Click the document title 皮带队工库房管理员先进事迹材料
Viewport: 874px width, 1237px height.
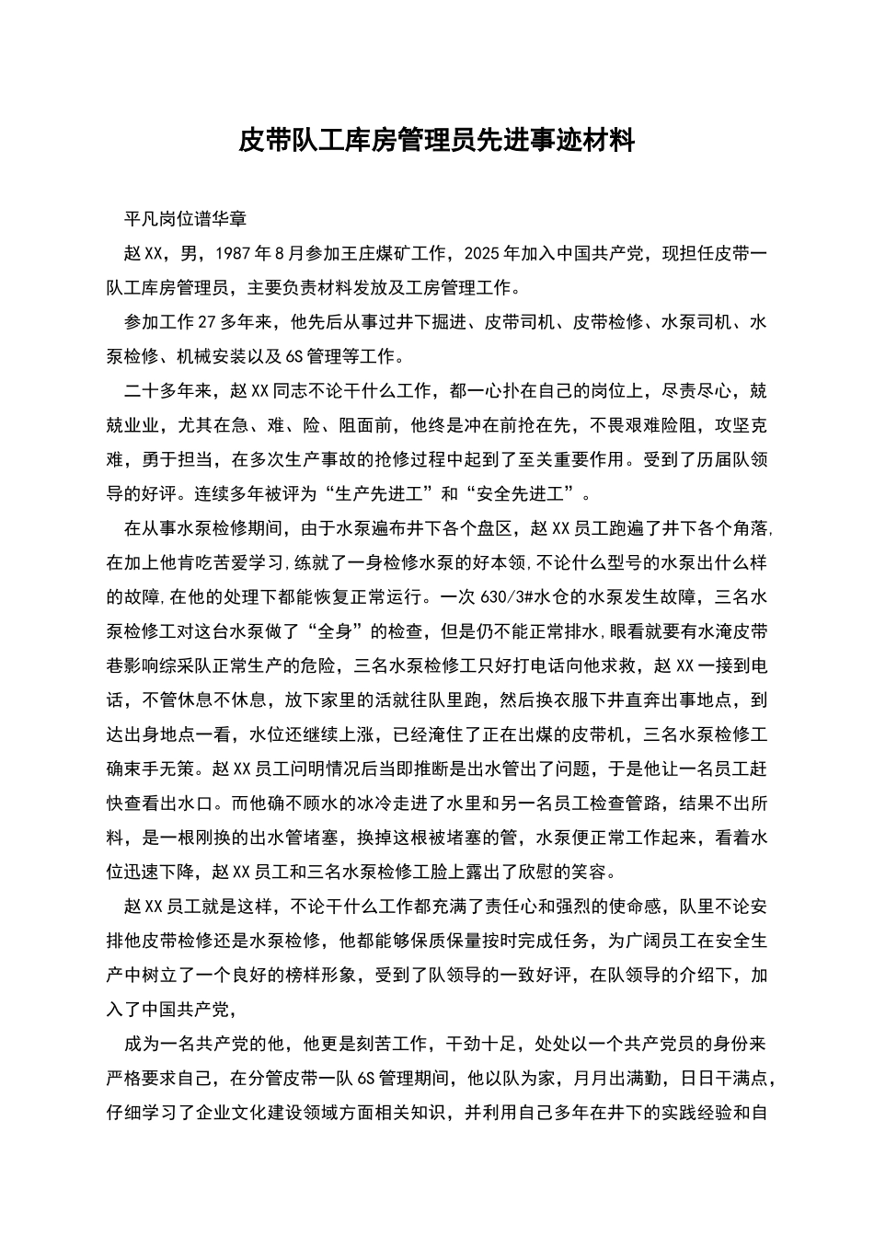tap(437, 140)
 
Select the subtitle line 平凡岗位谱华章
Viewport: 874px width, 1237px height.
tap(186, 219)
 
